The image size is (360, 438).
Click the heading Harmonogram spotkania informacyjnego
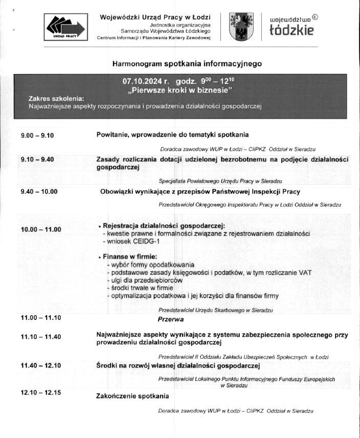[187, 64]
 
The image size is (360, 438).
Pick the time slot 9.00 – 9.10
[37, 136]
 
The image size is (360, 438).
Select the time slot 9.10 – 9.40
[37, 159]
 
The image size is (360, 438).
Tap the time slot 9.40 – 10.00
[39, 192]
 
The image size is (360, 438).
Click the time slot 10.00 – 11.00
[41, 230]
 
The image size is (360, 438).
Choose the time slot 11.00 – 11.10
[41, 318]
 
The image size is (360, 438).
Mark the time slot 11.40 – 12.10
[41, 365]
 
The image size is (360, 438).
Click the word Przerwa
[171, 318]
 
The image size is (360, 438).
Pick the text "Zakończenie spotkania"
[132, 396]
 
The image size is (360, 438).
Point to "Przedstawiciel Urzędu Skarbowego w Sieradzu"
[215, 310]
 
